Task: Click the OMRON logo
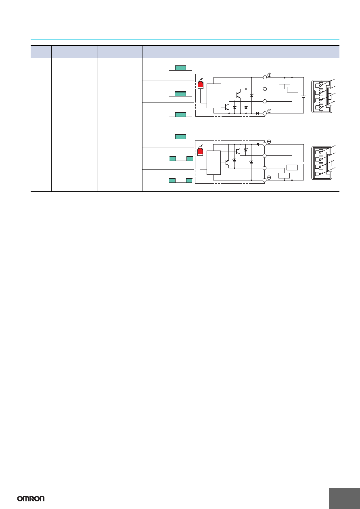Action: tap(31, 499)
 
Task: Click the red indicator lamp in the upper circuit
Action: tap(201, 84)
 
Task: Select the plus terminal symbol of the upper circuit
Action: tap(269, 75)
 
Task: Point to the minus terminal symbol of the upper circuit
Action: tap(269, 111)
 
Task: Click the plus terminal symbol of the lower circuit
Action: tap(269, 142)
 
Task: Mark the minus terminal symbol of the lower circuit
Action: tap(269, 178)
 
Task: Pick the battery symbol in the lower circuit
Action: tap(303, 163)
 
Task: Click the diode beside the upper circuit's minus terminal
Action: tap(257, 113)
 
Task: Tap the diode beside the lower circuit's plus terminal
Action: tap(257, 144)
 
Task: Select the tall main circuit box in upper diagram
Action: tap(214, 96)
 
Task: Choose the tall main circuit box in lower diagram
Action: tap(213, 163)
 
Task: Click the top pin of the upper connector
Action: tap(320, 86)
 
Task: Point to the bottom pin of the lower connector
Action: tap(320, 174)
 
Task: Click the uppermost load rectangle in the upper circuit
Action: tap(285, 82)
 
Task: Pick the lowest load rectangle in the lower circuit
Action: tap(284, 176)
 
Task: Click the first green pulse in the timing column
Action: tap(180, 68)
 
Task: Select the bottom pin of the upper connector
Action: tap(320, 107)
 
